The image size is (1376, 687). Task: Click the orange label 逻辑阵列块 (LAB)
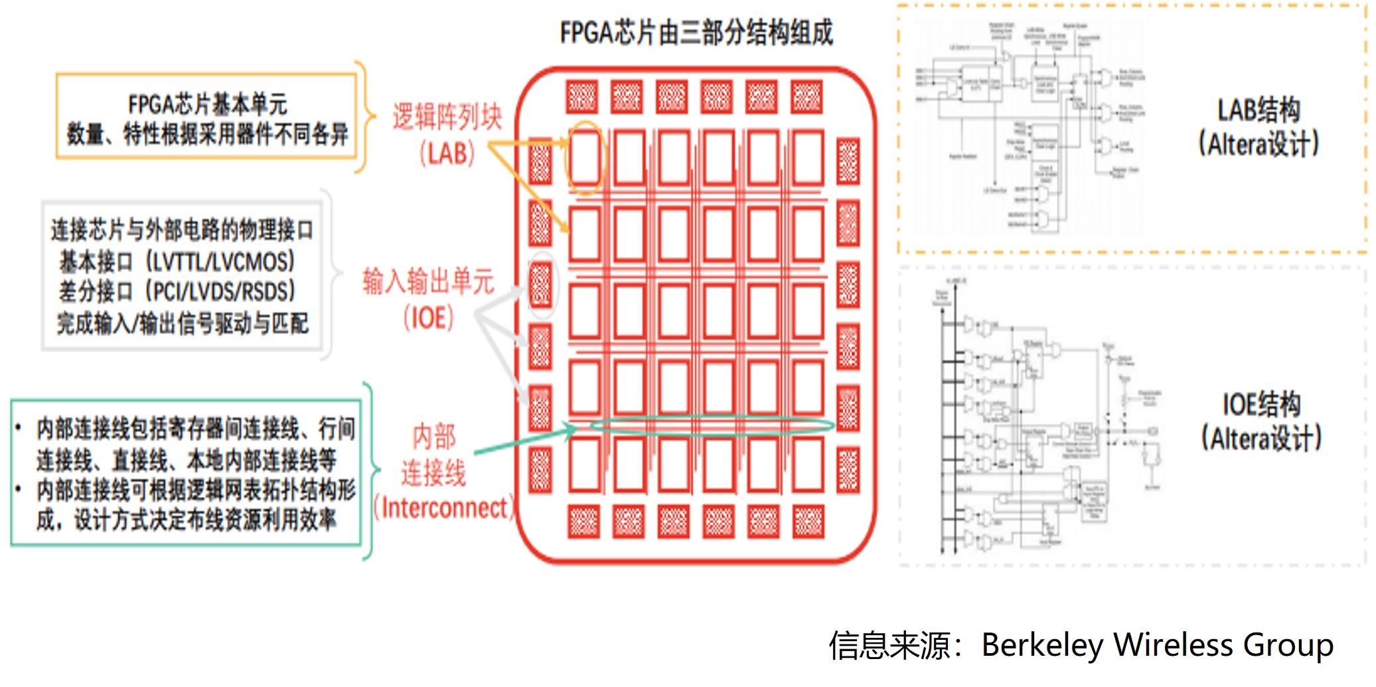point(447,134)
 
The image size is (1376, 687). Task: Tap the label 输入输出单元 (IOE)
point(428,299)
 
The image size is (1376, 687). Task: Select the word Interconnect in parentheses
point(444,508)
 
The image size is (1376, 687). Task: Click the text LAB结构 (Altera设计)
point(1259,127)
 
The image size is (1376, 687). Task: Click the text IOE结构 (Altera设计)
point(1261,421)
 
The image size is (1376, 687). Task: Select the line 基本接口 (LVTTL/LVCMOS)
point(177,261)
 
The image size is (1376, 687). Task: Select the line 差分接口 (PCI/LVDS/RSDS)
point(177,292)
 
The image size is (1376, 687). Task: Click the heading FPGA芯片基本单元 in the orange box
point(207,104)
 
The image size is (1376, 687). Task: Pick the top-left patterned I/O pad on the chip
point(582,97)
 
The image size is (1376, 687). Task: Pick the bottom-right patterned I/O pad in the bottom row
point(808,521)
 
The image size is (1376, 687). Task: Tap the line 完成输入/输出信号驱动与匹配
point(183,324)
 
